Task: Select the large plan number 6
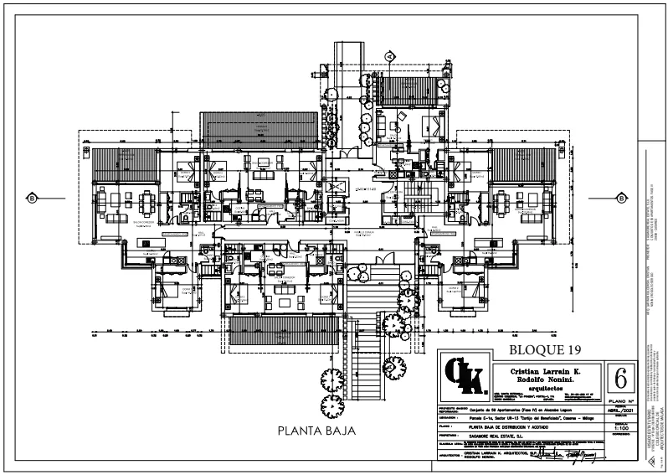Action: point(620,378)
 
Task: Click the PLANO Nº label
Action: point(620,401)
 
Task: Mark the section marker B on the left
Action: point(32,198)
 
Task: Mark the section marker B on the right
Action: point(621,198)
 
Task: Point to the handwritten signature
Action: point(569,455)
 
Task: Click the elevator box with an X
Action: point(339,185)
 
